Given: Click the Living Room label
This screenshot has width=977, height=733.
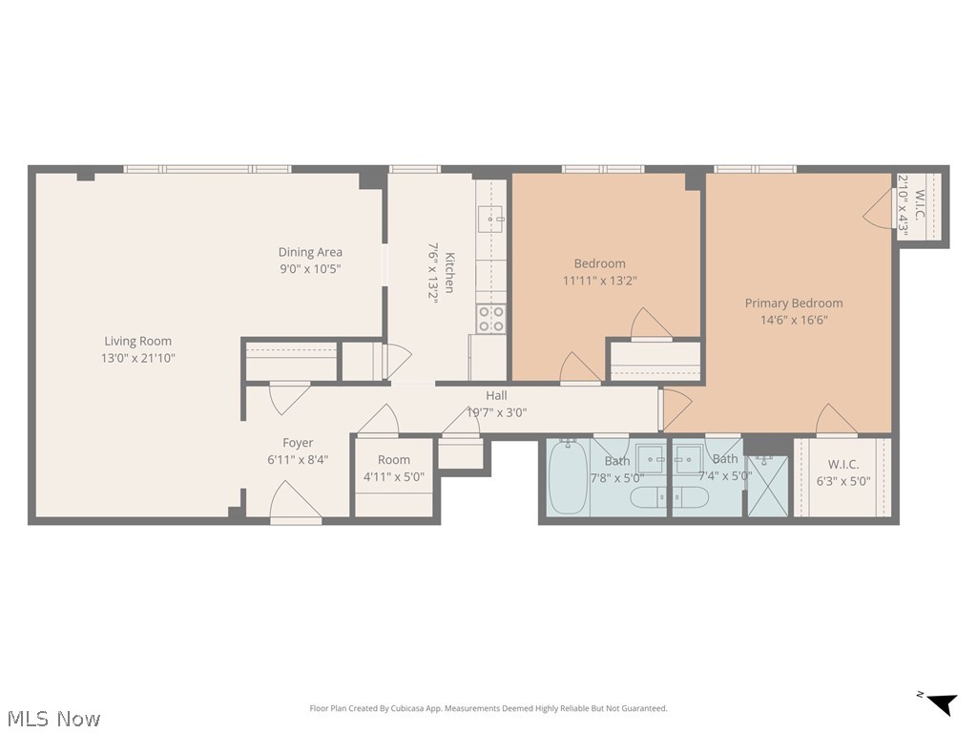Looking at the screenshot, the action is tap(137, 341).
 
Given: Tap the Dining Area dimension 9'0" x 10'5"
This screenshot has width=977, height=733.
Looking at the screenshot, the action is tap(310, 268).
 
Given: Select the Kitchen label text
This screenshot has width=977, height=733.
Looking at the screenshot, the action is tap(449, 272).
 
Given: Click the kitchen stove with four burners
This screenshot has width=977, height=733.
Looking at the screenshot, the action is tap(491, 319).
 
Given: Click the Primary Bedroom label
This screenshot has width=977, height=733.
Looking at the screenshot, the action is tap(794, 303).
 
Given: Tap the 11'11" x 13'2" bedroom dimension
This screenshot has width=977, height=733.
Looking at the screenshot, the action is tap(599, 281).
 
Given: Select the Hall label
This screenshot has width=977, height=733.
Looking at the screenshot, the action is tap(496, 395).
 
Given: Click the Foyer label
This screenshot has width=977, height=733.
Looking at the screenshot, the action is tap(298, 443).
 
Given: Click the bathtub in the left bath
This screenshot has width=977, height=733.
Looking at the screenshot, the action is tap(568, 476).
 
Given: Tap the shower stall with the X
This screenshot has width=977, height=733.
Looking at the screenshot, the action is tap(768, 486).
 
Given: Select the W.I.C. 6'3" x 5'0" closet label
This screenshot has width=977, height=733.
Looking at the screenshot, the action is tap(843, 472).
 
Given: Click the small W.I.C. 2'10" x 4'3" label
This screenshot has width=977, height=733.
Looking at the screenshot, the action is tap(911, 206).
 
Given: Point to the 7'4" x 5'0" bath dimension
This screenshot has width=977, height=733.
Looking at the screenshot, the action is tap(725, 475).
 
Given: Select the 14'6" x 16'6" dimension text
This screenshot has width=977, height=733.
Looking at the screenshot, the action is tap(794, 320).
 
